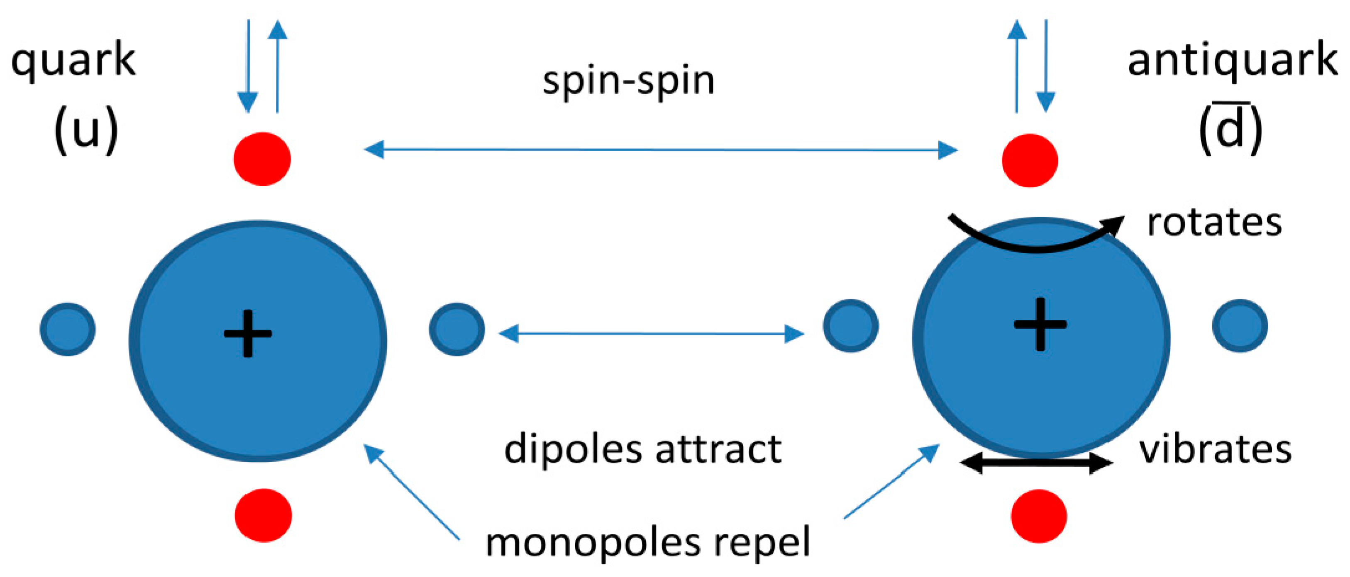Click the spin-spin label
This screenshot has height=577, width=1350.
pos(628,81)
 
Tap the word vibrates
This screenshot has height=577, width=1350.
pos(1215,449)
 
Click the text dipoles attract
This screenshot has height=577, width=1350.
pos(643,449)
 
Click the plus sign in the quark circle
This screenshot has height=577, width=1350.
pos(248,334)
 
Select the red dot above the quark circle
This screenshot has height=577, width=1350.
pos(262,159)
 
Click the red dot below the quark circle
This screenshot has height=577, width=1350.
pos(263,515)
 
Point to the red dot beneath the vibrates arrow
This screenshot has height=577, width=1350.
pos(1039,516)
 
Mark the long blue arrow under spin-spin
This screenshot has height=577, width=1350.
pos(660,150)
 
